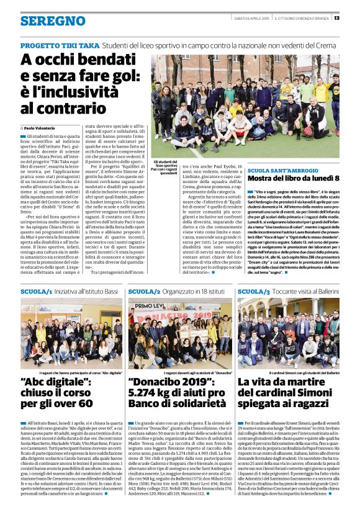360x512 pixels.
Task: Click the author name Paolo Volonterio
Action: (x=40, y=128)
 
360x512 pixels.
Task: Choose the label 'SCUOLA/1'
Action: (x=37, y=291)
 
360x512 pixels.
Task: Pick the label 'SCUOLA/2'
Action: (x=145, y=291)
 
